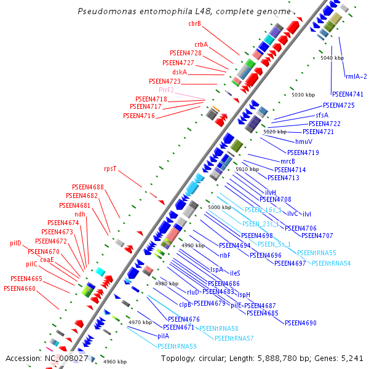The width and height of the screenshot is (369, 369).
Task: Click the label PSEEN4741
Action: (x=347, y=95)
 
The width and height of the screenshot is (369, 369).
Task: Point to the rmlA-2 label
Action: (x=356, y=77)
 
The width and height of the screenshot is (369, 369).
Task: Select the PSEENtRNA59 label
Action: (x=177, y=346)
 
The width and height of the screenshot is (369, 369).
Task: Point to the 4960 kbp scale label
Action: (x=115, y=362)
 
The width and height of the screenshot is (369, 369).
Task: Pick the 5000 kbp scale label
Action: (x=220, y=208)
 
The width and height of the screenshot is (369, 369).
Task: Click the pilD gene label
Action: (x=15, y=244)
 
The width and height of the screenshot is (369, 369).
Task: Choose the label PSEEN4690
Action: (x=301, y=323)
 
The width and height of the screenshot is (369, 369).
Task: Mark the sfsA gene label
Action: (x=322, y=115)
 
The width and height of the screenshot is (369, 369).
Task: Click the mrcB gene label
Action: (x=288, y=161)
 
